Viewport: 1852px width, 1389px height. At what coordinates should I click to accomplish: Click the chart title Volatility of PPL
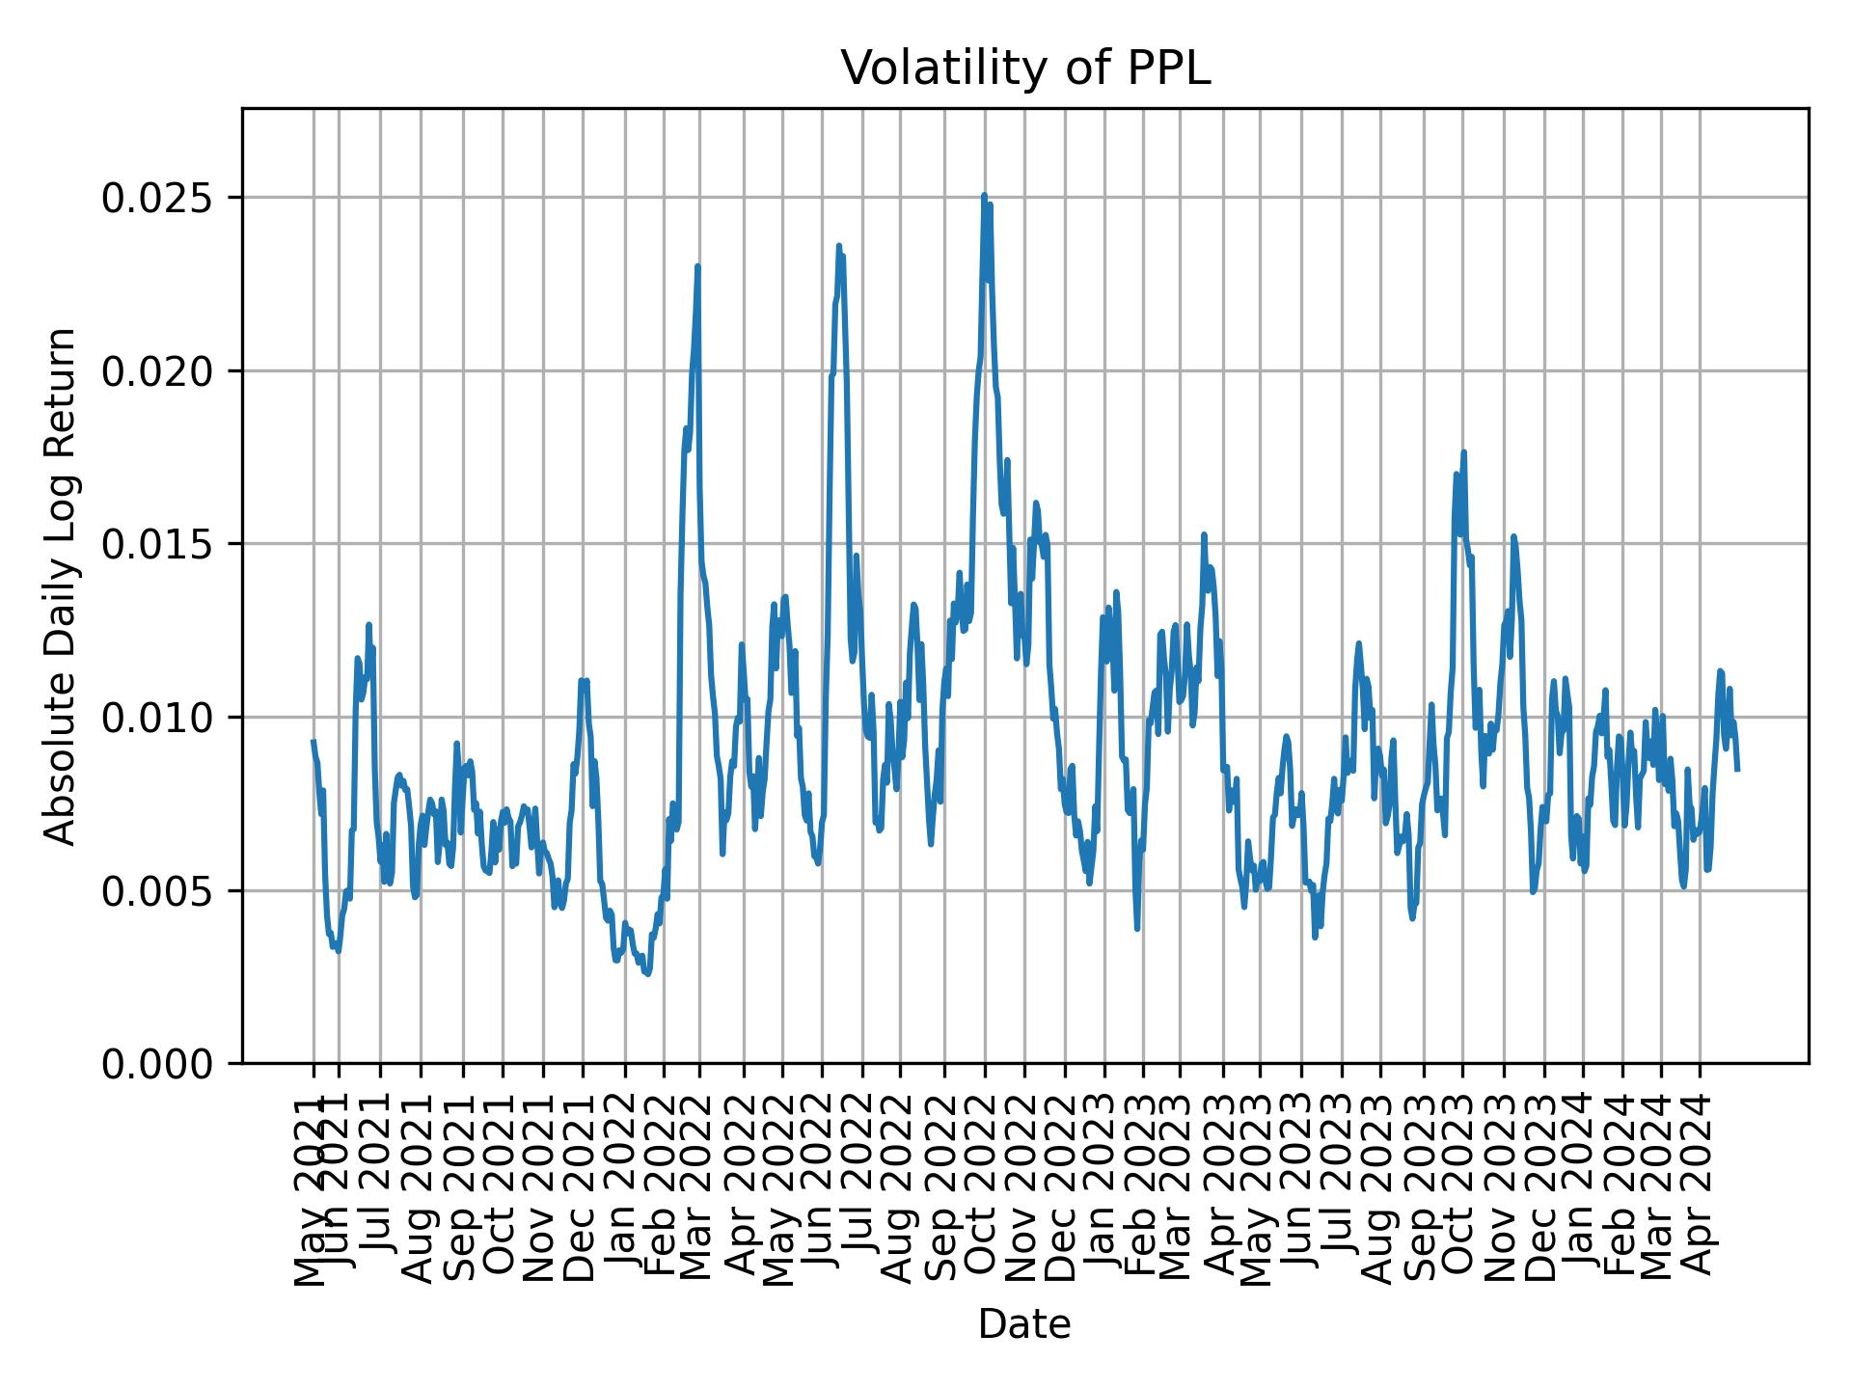[1024, 68]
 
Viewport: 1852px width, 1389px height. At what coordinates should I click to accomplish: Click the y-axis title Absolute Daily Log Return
[62, 586]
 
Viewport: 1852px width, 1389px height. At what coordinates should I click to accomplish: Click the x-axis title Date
[1024, 1324]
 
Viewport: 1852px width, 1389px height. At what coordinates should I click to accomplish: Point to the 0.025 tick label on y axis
[157, 198]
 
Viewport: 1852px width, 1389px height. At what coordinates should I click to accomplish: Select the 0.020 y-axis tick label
[157, 371]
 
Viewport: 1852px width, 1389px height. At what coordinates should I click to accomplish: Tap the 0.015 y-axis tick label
[157, 544]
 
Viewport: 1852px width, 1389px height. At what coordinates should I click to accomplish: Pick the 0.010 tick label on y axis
[157, 718]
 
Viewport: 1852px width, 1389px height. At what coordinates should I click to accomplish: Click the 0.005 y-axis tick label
[157, 890]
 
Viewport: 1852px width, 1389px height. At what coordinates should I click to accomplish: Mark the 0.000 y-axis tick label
[157, 1064]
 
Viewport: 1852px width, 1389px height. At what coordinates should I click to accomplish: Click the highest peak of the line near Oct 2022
[984, 195]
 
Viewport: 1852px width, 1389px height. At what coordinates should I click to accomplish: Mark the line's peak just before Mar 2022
[697, 266]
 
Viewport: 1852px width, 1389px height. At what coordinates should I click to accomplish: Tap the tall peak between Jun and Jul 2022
[839, 245]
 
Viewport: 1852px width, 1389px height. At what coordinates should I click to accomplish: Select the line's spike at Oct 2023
[1463, 451]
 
